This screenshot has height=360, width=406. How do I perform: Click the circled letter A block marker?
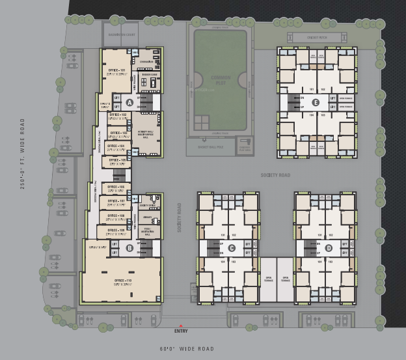click(x=129, y=102)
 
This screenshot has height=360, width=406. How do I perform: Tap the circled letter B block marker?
click(x=129, y=247)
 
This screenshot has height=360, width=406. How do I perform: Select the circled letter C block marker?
click(x=231, y=247)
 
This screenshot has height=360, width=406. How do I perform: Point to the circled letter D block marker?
click(x=329, y=247)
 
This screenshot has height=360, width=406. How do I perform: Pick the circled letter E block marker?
click(x=316, y=102)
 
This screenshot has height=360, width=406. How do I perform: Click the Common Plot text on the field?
click(x=221, y=81)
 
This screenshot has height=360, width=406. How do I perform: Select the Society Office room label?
click(x=147, y=204)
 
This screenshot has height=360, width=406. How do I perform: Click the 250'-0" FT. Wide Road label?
click(x=23, y=154)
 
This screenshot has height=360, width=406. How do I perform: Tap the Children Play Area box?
click(x=245, y=148)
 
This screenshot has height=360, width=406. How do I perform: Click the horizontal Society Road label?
click(x=275, y=175)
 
